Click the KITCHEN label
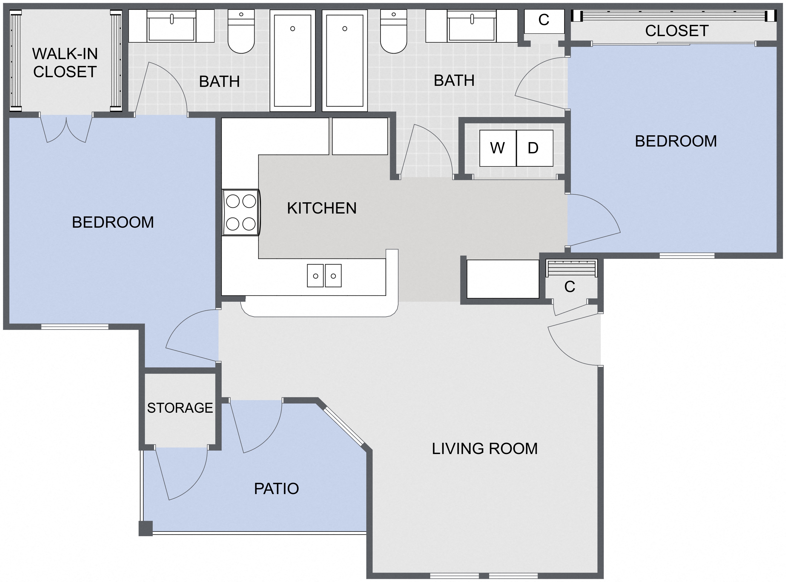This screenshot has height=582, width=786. (321, 208)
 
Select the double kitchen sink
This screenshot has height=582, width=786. (324, 276)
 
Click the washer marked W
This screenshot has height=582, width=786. (498, 148)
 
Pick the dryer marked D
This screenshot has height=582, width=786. (534, 148)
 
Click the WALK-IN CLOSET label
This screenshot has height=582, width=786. (65, 63)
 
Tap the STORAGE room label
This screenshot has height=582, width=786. (180, 408)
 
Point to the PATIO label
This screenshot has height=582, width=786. (276, 489)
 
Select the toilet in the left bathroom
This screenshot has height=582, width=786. (241, 31)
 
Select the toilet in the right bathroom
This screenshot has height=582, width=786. (394, 31)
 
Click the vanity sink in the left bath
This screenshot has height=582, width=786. (171, 26)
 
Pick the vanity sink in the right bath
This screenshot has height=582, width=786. (471, 26)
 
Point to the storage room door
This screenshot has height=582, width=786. (181, 473)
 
